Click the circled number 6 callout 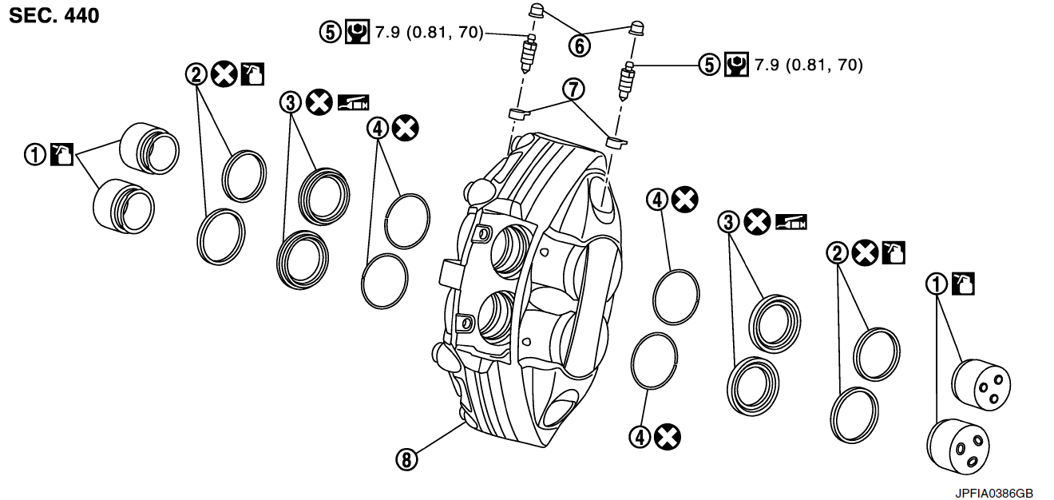click(580, 46)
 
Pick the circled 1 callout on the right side click(936, 283)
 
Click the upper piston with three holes click(981, 386)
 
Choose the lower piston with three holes click(957, 447)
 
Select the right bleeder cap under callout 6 click(637, 27)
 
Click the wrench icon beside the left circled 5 click(355, 32)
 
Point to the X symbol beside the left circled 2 click(224, 74)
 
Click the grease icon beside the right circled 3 click(791, 221)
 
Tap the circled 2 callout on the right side click(836, 254)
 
